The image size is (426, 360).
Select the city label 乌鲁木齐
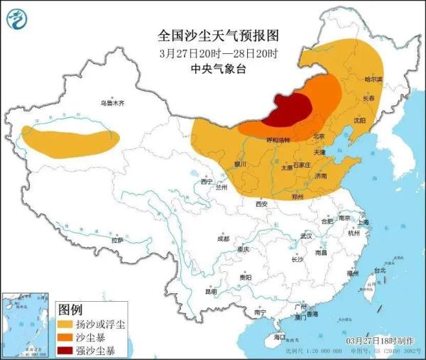(x=111, y=104)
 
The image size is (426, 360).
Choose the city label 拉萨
(x=117, y=240)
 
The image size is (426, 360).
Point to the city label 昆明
(x=212, y=291)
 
